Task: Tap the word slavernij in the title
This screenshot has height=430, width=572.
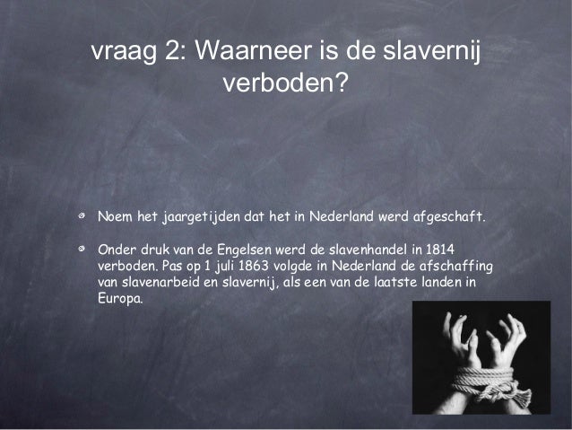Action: [429, 51]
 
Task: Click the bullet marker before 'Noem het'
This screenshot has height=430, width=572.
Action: [81, 217]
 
